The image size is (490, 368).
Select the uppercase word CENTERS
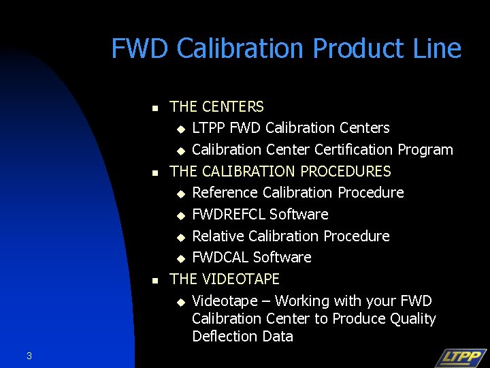[x=233, y=107]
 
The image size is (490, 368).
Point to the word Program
[x=425, y=150]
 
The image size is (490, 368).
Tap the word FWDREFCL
[x=229, y=215]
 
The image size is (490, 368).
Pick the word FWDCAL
[x=221, y=258]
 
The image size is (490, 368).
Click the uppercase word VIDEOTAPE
[x=242, y=279]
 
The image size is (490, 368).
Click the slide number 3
[x=29, y=355]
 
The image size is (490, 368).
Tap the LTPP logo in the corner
[x=460, y=357]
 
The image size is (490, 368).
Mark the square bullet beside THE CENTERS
[x=154, y=108]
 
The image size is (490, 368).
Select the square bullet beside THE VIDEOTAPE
[x=154, y=280]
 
